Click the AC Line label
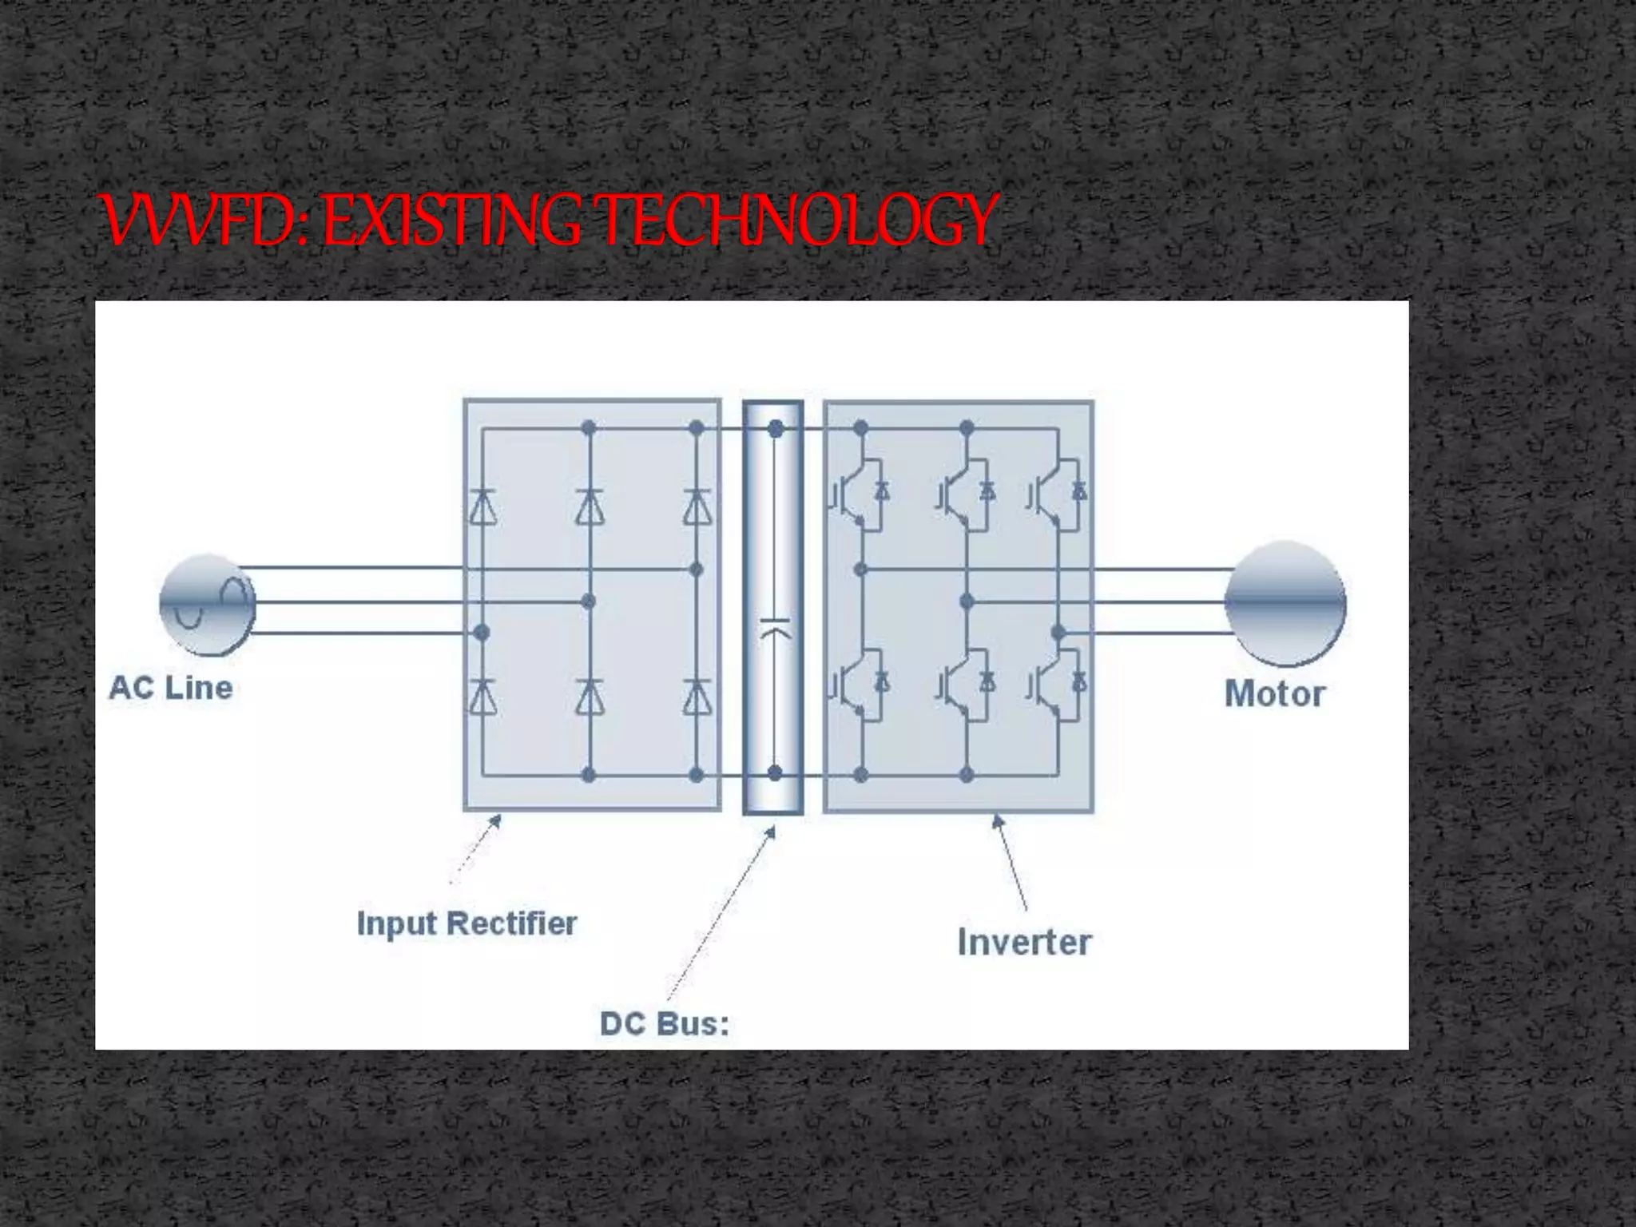170,688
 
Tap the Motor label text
1274,693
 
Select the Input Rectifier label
467,923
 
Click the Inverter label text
1024,943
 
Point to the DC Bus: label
665,1024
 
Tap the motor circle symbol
1285,603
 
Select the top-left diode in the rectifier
482,506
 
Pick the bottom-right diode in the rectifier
697,697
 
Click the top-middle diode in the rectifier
590,506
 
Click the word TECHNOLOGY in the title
799,220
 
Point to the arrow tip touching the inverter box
995,818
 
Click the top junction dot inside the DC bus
775,430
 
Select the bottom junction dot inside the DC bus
775,772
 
